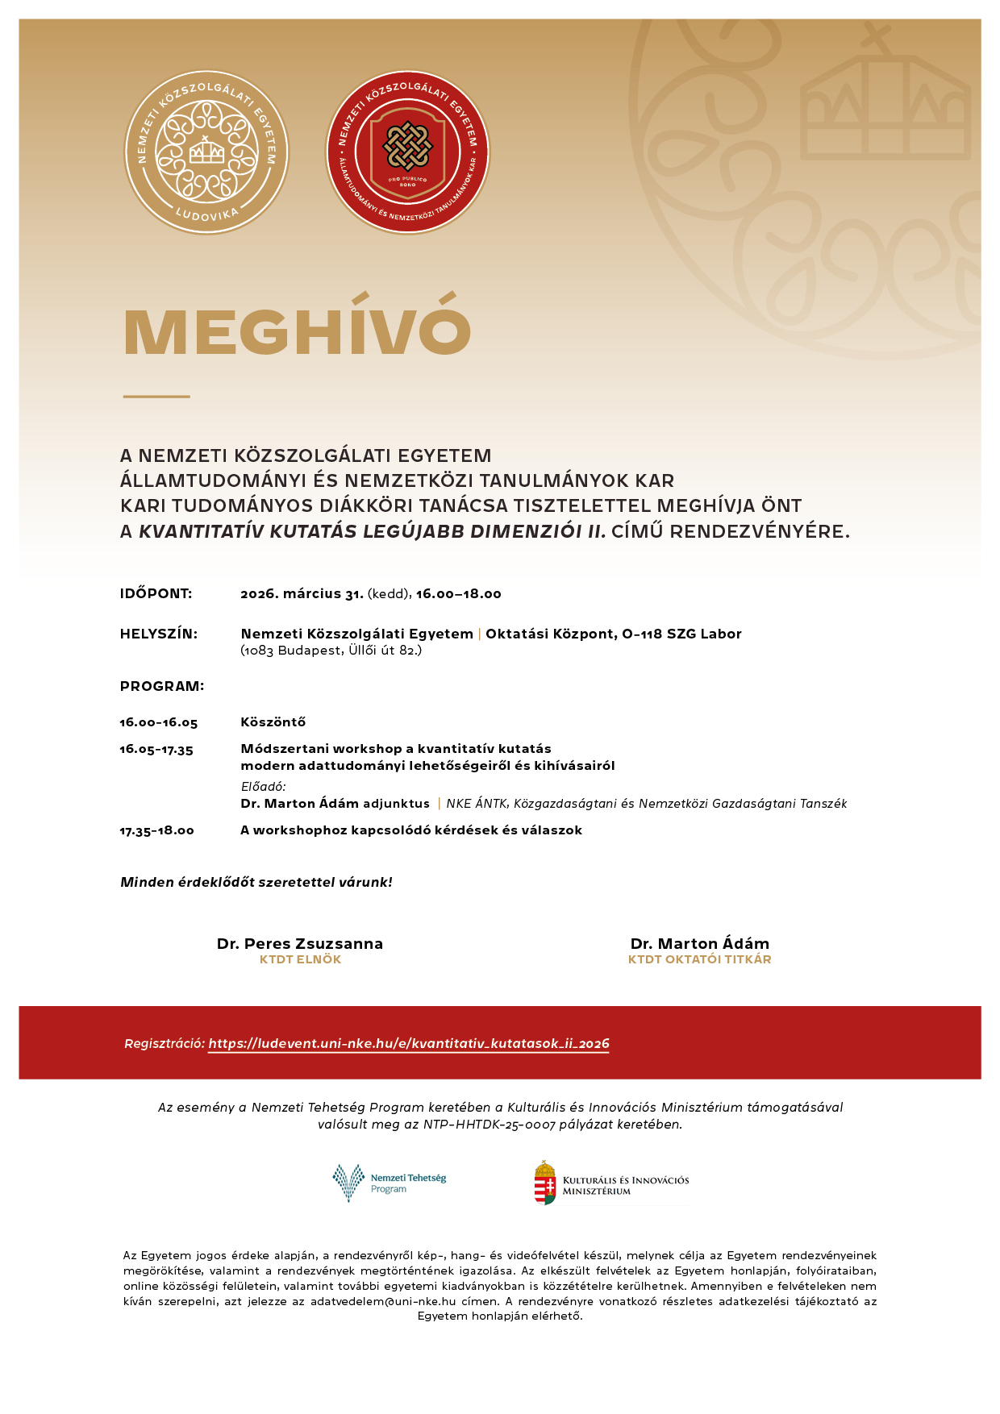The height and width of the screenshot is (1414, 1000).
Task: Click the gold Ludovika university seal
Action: [x=206, y=152]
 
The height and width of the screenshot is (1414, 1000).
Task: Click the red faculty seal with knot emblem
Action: [x=407, y=152]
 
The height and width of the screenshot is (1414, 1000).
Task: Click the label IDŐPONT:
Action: [x=156, y=594]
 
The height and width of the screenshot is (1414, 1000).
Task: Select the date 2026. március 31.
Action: [x=302, y=594]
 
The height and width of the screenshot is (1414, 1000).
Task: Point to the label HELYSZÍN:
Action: [x=158, y=634]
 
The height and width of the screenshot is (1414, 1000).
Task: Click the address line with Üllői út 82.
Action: [x=331, y=651]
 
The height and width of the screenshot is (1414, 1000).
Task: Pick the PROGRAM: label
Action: [x=161, y=687]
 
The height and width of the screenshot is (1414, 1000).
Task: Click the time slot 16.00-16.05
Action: [x=158, y=723]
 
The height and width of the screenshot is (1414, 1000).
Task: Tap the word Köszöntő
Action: [x=273, y=722]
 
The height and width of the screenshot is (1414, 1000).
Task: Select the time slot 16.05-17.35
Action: [x=156, y=750]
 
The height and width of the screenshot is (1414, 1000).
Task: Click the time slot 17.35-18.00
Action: [x=156, y=831]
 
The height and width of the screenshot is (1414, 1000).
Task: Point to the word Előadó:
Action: [x=263, y=787]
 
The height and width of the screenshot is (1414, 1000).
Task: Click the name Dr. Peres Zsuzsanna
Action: [x=300, y=944]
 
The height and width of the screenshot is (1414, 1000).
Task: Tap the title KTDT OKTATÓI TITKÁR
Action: [x=699, y=960]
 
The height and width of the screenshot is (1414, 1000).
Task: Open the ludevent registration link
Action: [x=408, y=1044]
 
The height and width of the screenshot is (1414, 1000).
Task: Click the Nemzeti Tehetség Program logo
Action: [x=390, y=1183]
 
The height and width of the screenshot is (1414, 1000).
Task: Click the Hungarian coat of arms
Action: [x=546, y=1183]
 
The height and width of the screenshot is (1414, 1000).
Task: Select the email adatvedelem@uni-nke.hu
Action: [x=383, y=1302]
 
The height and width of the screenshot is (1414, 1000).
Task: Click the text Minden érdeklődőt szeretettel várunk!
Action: [x=256, y=883]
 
